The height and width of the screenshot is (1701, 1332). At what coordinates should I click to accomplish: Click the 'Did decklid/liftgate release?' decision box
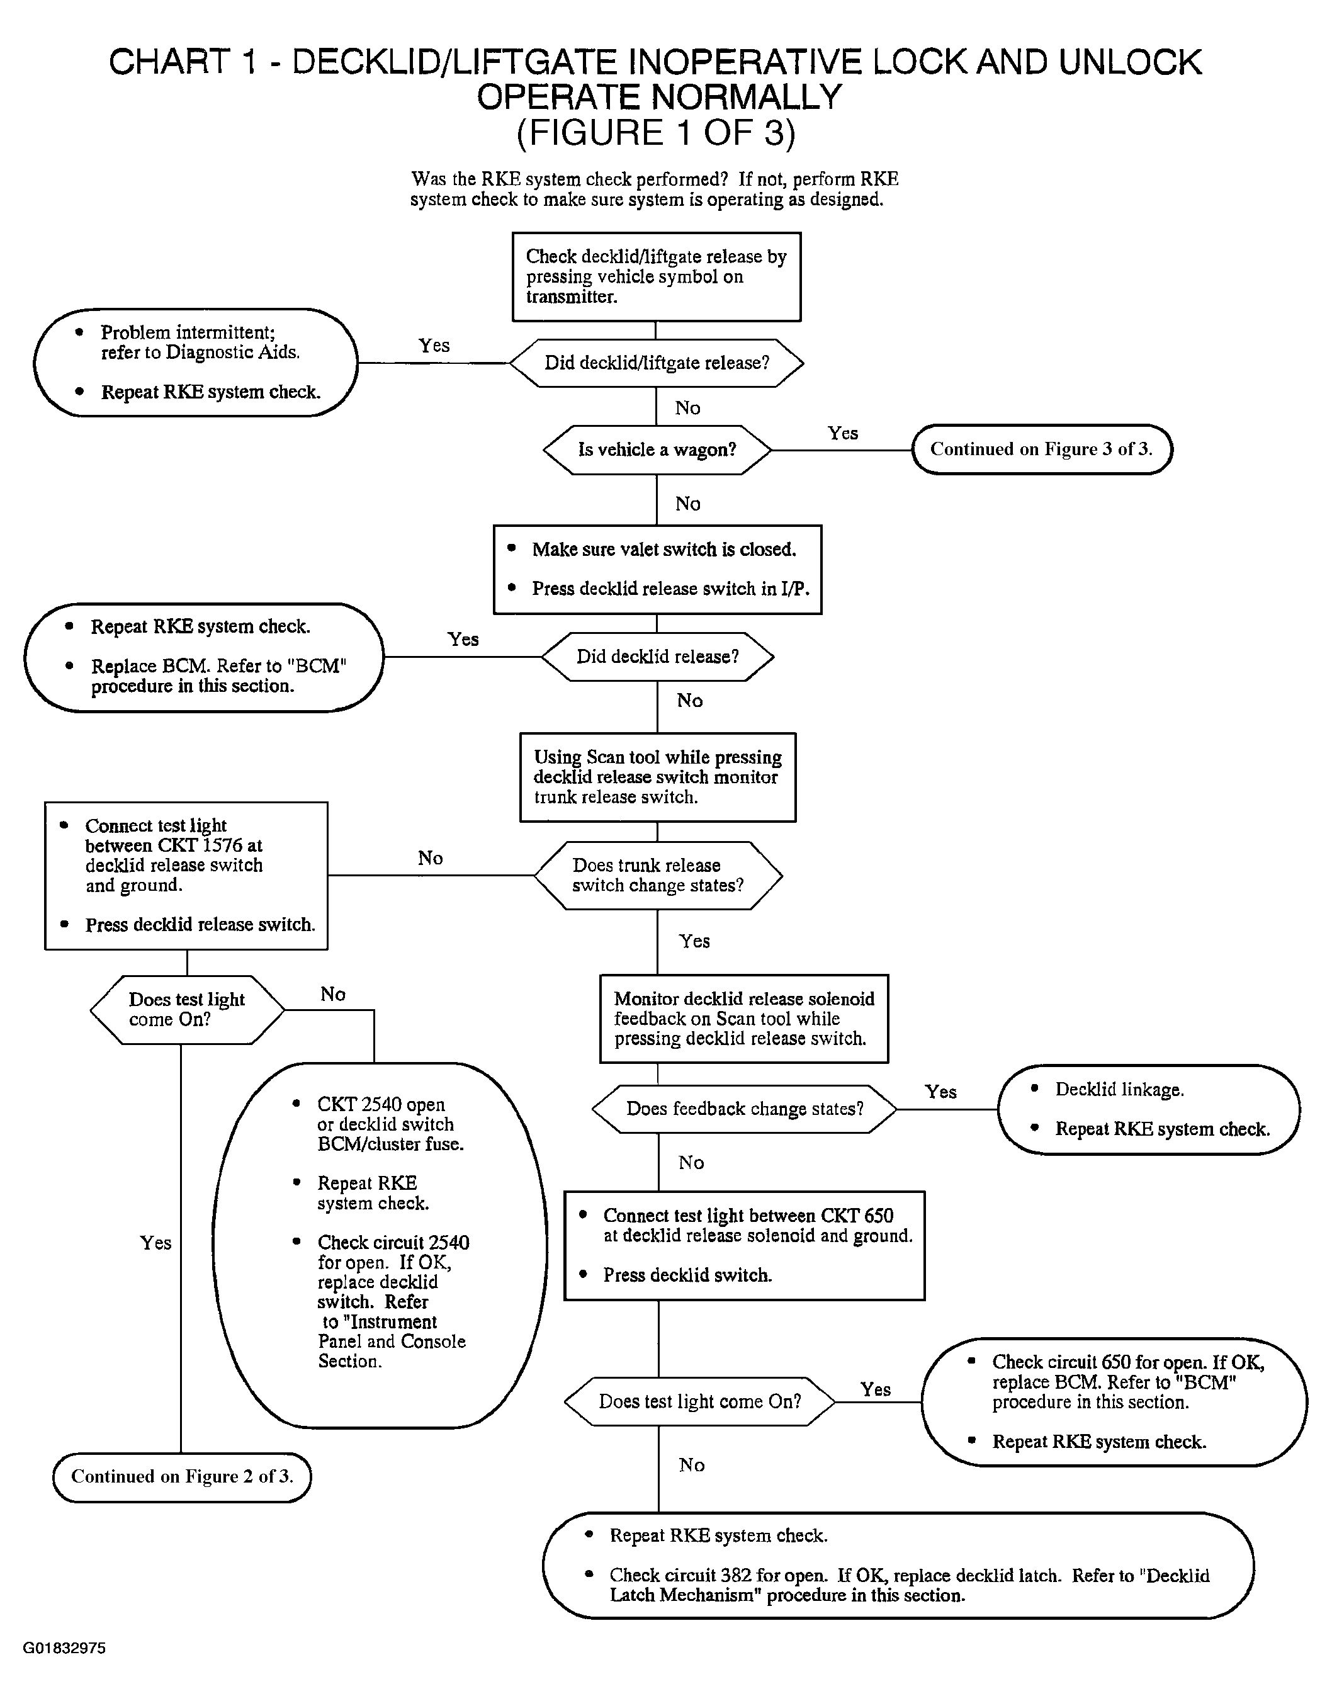coord(657,363)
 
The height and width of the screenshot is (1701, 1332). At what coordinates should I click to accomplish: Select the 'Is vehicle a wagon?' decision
coord(657,449)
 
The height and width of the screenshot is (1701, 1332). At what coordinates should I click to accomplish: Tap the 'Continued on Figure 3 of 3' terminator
coord(1042,449)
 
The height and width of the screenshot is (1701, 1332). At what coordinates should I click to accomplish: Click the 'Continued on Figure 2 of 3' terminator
coord(182,1476)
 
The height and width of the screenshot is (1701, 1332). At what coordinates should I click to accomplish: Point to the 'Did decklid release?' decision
coord(657,657)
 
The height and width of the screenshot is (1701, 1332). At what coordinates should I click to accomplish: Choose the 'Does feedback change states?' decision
coord(745,1109)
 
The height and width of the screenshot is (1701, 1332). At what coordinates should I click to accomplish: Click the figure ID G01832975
coord(64,1648)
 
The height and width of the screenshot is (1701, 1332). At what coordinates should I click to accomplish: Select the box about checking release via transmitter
coord(657,277)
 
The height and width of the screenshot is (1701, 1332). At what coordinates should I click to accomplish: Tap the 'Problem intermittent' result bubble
coord(196,363)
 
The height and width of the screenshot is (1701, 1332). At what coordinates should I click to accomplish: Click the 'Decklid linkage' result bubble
coord(1149,1109)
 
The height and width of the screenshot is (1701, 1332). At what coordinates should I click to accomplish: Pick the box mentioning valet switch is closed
coord(657,569)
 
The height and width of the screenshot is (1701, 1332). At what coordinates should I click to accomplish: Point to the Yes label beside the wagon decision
coord(842,433)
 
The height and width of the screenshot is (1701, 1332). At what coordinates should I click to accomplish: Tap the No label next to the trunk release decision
coord(431,858)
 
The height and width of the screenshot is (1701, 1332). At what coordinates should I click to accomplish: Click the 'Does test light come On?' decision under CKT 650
coord(699,1401)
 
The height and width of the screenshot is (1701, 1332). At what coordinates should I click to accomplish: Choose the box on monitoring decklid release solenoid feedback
coord(744,1019)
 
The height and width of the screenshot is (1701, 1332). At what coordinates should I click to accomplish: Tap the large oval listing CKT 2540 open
coord(380,1245)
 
